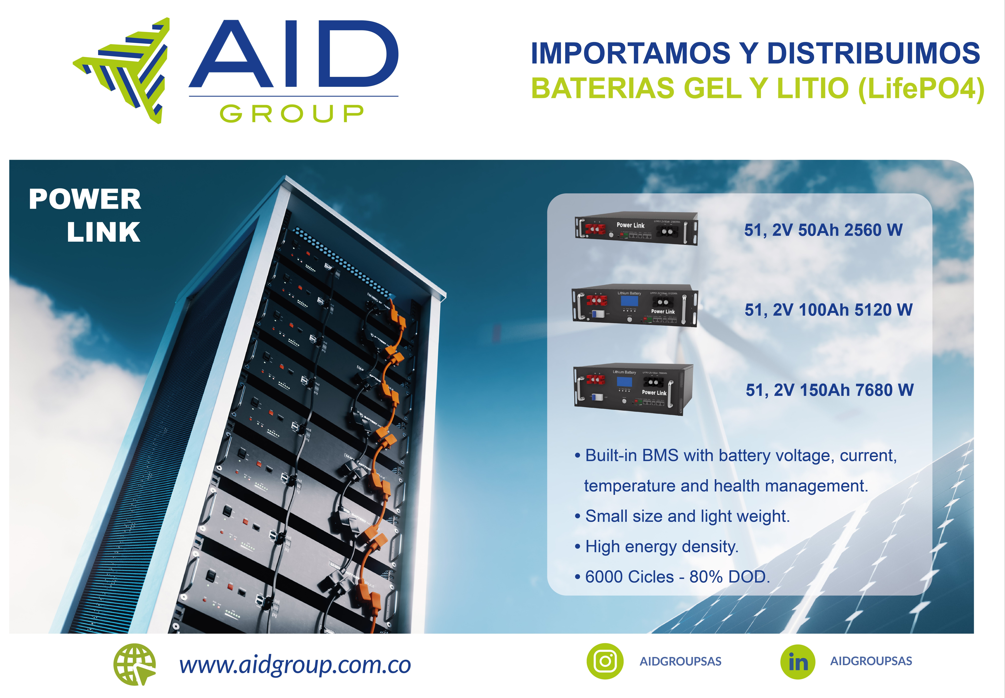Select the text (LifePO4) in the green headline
[x=921, y=88]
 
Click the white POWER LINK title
[x=85, y=215]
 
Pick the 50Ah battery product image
[x=636, y=229]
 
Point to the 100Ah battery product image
[x=635, y=306]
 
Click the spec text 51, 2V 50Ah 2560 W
[x=823, y=230]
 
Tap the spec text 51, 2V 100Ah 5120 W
[x=828, y=310]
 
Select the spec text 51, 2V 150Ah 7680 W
[x=829, y=390]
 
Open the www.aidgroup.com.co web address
[x=295, y=665]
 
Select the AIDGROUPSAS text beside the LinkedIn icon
[x=871, y=661]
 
